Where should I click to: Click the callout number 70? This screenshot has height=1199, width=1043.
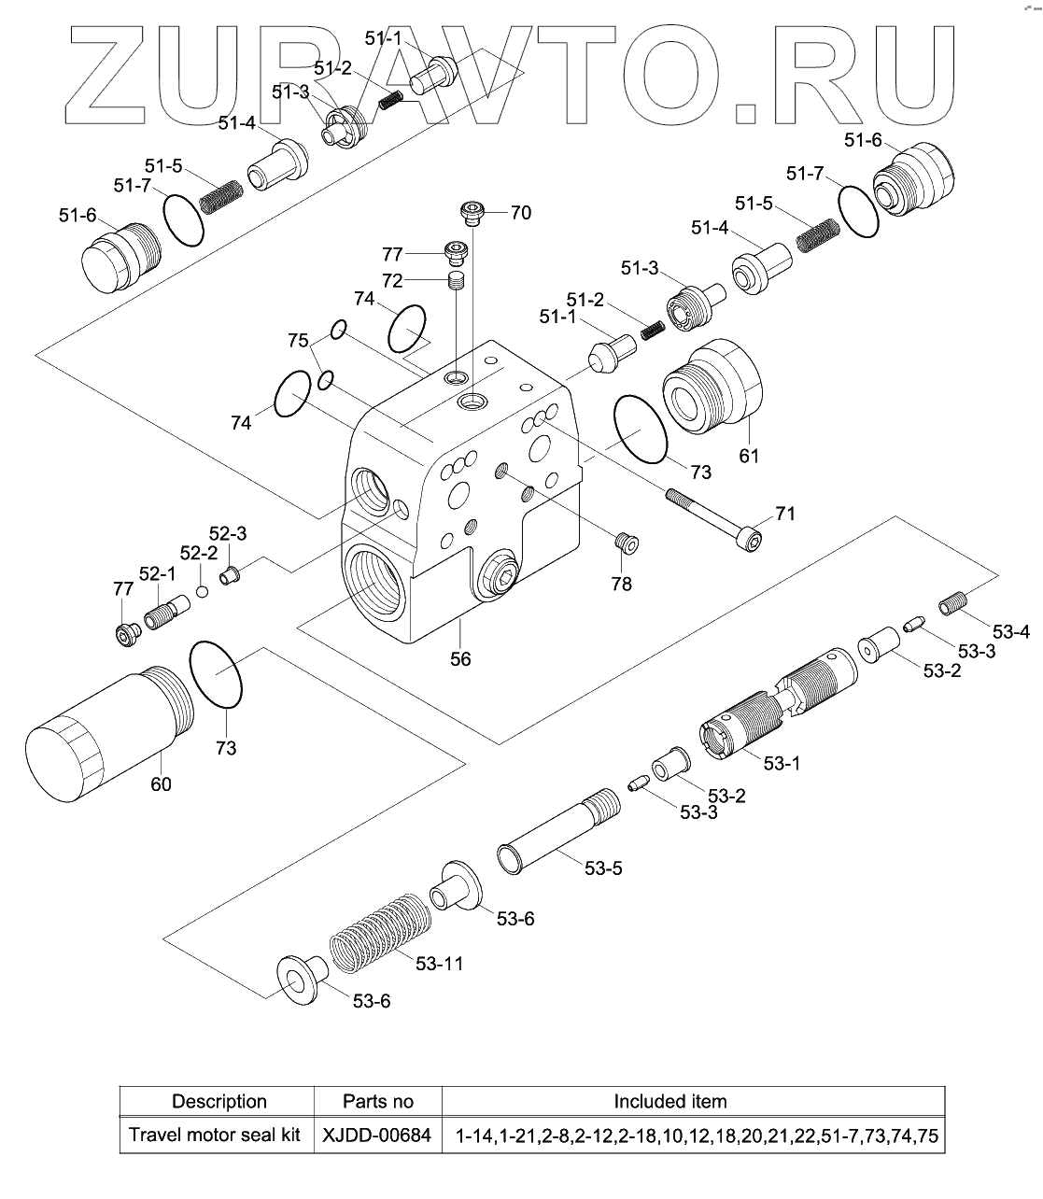tap(520, 213)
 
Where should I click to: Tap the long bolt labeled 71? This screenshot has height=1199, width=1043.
tap(713, 516)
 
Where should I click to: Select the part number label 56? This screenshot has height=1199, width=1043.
tap(460, 658)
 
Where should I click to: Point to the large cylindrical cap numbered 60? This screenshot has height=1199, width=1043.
tap(103, 728)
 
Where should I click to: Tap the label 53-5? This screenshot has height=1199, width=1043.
tap(603, 868)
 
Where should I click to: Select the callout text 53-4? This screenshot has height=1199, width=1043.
tap(1011, 632)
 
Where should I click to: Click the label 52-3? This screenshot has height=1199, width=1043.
tap(227, 533)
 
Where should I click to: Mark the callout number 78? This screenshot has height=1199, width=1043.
tap(621, 585)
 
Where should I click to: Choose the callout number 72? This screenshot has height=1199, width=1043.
tap(392, 280)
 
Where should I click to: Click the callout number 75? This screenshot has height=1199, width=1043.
tap(298, 341)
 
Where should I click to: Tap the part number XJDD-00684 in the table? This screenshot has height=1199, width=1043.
tap(377, 1136)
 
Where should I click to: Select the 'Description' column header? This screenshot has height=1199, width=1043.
tap(219, 1102)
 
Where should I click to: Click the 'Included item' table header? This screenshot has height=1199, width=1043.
tap(669, 1102)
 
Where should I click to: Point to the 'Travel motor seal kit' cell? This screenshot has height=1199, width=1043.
tap(215, 1136)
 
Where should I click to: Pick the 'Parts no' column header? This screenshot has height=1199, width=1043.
tap(377, 1102)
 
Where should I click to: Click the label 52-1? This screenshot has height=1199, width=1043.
tap(157, 571)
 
